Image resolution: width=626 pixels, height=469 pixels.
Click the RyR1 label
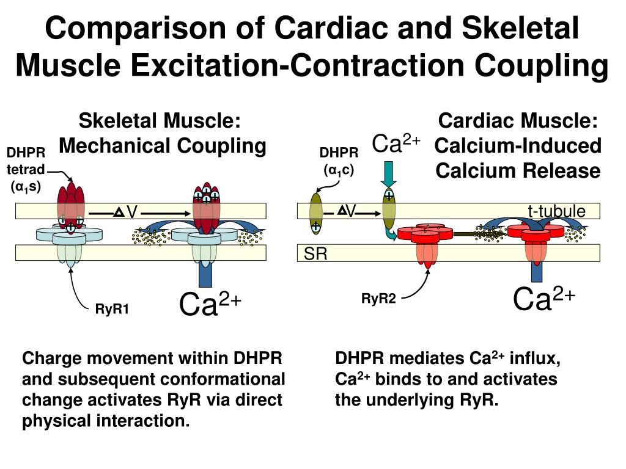(112, 309)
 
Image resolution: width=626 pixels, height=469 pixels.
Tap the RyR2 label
(379, 298)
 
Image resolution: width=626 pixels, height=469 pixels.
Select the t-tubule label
(556, 211)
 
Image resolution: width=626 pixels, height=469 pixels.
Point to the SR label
(316, 254)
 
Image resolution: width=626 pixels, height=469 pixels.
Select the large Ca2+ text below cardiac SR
(544, 298)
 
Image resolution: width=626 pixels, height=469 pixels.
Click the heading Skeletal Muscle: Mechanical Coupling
(162, 134)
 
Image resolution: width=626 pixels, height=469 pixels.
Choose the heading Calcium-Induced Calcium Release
(518, 158)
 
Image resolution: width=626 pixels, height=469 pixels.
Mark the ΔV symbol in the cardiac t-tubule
(347, 211)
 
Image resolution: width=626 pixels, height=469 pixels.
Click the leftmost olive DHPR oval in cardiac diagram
(316, 213)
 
